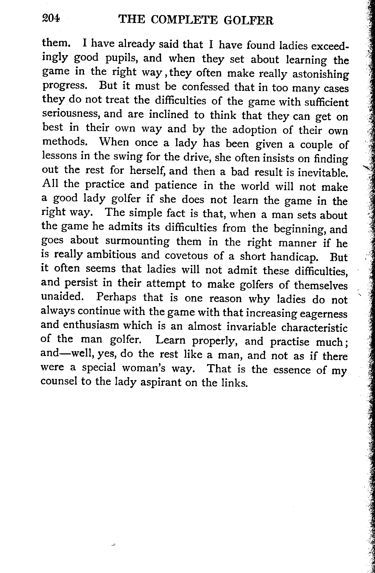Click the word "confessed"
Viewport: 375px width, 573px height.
[206, 87]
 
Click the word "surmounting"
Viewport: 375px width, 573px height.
[137, 241]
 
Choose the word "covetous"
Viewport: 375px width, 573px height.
[186, 256]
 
